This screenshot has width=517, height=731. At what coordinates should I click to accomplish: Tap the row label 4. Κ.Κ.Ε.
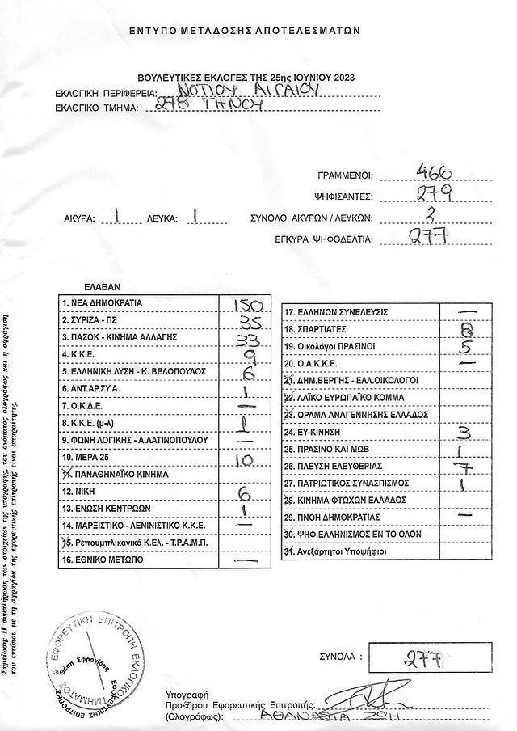(79, 354)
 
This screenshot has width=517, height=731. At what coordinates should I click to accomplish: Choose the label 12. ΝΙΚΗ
(78, 491)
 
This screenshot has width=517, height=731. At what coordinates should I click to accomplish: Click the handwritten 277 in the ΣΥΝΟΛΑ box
(421, 657)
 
